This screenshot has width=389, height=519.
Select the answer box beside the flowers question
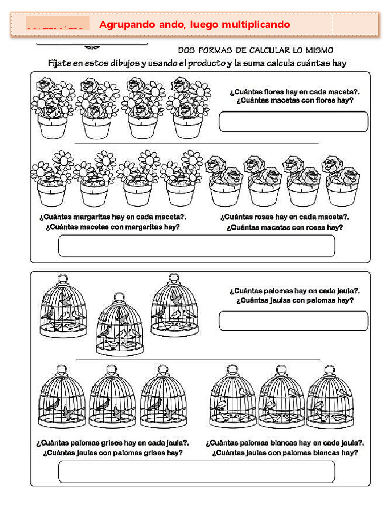[x=293, y=122]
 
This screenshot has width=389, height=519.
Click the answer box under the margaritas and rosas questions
[x=197, y=246]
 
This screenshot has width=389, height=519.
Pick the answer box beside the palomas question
[x=293, y=321]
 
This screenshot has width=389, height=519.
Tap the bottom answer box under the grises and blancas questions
[x=197, y=471]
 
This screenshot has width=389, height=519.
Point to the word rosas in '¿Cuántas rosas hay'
[x=273, y=217]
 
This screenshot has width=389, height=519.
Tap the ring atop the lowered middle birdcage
[x=120, y=296]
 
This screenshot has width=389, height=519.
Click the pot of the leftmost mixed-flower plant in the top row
[x=54, y=127]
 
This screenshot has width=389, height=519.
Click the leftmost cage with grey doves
[x=62, y=398]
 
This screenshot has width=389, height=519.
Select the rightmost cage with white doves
[x=330, y=398]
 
